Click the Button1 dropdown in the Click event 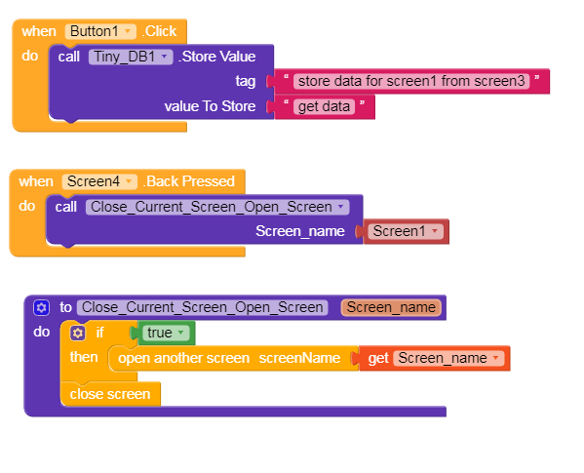coord(100,31)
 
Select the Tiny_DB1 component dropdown coord(131,57)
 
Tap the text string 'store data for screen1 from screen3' coord(411,81)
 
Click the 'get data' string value coord(324,106)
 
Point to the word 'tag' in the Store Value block coord(246,81)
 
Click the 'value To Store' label coord(210,106)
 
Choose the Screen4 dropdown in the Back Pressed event coord(99,181)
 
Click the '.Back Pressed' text coord(189,181)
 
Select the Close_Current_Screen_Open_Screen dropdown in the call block coord(217,207)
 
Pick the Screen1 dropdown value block coord(406,231)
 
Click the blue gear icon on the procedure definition coord(41,307)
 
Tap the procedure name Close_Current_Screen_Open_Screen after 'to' coord(202,307)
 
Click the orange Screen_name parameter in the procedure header coord(391,307)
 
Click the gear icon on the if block coord(77,333)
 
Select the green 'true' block coord(166,333)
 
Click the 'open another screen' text coord(183,358)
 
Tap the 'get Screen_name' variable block coord(435,358)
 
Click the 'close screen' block coord(110,394)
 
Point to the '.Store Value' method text coord(216,57)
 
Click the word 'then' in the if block coord(84,357)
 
